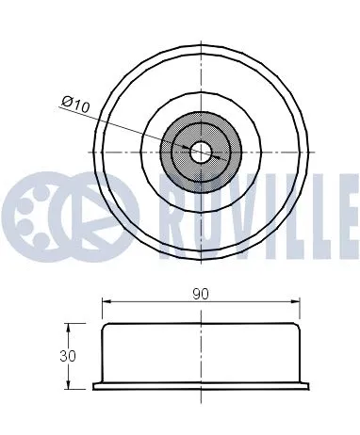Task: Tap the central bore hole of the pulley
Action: pos(201,151)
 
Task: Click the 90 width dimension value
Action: pos(201,294)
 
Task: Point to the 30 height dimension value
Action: pos(67,356)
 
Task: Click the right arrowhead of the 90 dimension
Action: pos(298,302)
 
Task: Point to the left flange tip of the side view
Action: pos(94,385)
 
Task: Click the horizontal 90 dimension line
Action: pos(151,302)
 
